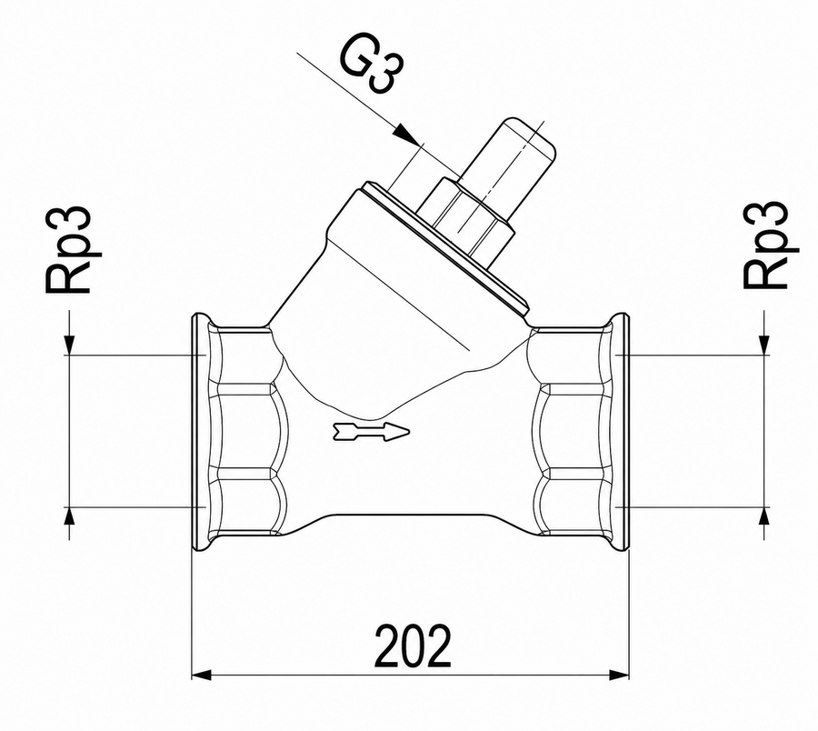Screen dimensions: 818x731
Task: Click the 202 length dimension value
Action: point(413,646)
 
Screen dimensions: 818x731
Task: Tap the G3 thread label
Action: point(372,65)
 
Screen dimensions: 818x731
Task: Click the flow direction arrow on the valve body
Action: point(371,432)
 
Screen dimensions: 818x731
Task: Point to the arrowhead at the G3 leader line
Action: point(406,135)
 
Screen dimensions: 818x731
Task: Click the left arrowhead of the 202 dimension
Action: point(202,676)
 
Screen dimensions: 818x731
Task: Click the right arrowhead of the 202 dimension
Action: point(619,676)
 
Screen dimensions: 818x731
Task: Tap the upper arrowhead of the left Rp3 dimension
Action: point(69,345)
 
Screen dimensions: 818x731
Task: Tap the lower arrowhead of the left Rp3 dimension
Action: point(69,516)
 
